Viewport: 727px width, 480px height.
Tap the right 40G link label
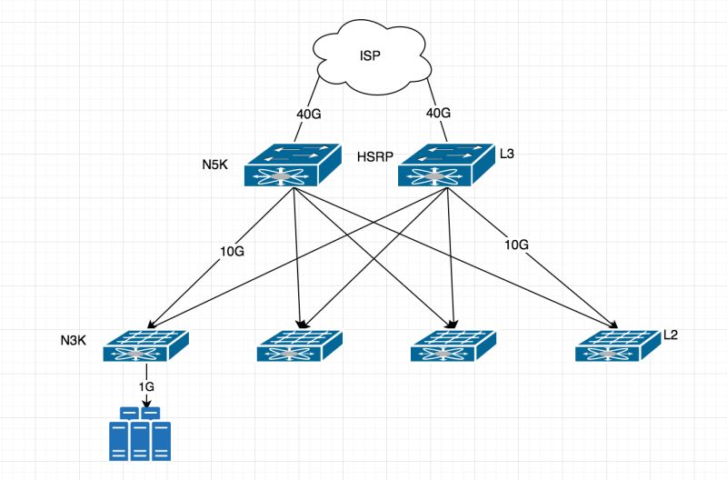click(438, 114)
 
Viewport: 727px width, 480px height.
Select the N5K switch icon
click(292, 165)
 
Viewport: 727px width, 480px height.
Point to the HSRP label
click(375, 156)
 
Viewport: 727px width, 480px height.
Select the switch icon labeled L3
click(445, 165)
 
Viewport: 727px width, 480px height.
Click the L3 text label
click(507, 155)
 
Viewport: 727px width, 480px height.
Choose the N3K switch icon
click(145, 346)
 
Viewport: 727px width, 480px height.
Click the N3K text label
click(73, 338)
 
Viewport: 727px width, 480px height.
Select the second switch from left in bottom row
click(300, 346)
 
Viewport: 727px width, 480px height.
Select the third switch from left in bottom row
click(454, 346)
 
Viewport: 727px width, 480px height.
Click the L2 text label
click(671, 335)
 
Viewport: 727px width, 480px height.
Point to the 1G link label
click(146, 386)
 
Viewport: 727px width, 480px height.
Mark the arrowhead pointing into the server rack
click(146, 401)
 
